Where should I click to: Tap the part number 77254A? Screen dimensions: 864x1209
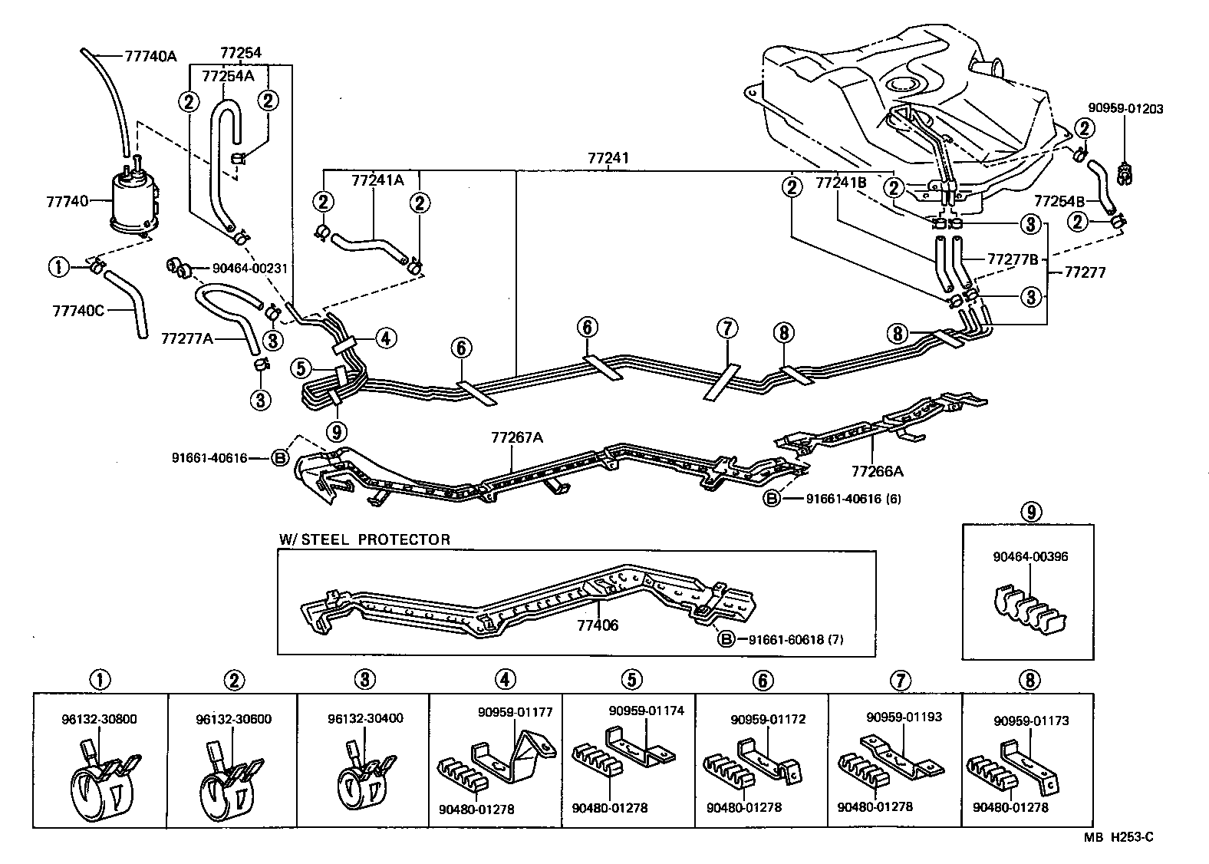pyautogui.click(x=228, y=75)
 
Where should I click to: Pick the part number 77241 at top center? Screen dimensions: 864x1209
pyautogui.click(x=608, y=159)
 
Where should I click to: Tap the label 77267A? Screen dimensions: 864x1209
pyautogui.click(x=517, y=438)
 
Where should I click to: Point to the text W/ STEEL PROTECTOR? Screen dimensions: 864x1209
pyautogui.click(x=364, y=539)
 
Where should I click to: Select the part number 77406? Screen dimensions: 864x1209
pyautogui.click(x=598, y=626)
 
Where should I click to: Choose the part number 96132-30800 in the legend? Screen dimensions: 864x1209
pyautogui.click(x=100, y=720)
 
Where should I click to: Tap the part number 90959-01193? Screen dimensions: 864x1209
pyautogui.click(x=904, y=717)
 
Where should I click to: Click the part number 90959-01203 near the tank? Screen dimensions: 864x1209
pyautogui.click(x=1125, y=109)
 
